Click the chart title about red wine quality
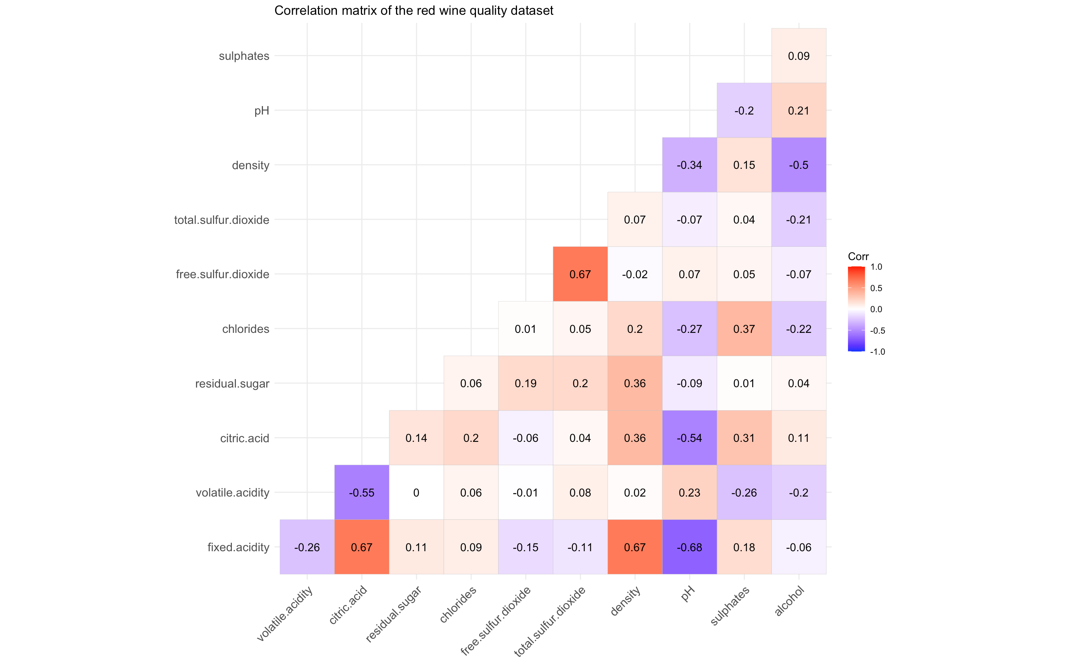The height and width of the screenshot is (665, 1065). [x=414, y=11]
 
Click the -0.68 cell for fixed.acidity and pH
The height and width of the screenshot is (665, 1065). [x=689, y=547]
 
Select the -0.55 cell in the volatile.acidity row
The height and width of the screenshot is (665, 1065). [x=362, y=492]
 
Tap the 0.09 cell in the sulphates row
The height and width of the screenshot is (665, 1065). [x=798, y=56]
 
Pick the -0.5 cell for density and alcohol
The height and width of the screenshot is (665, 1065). [x=798, y=165]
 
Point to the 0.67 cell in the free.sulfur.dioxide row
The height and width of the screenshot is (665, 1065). [x=580, y=274]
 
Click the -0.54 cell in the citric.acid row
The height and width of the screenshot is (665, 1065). [x=689, y=438]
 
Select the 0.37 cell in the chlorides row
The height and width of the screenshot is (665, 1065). [x=744, y=329]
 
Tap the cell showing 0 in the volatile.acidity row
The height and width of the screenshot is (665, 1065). [x=416, y=492]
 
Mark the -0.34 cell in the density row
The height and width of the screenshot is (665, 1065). [x=689, y=165]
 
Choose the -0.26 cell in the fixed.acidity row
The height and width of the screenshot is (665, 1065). [x=307, y=547]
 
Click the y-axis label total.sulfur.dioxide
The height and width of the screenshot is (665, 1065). [x=222, y=220]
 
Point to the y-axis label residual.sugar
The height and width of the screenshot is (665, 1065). [x=232, y=383]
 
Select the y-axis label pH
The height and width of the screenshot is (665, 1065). [x=262, y=111]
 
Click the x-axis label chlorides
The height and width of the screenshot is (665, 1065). [x=458, y=605]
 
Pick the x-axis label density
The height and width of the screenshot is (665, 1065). [x=625, y=602]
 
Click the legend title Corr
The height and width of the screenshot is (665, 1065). [x=858, y=256]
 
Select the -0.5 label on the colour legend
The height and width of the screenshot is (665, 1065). [x=878, y=331]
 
